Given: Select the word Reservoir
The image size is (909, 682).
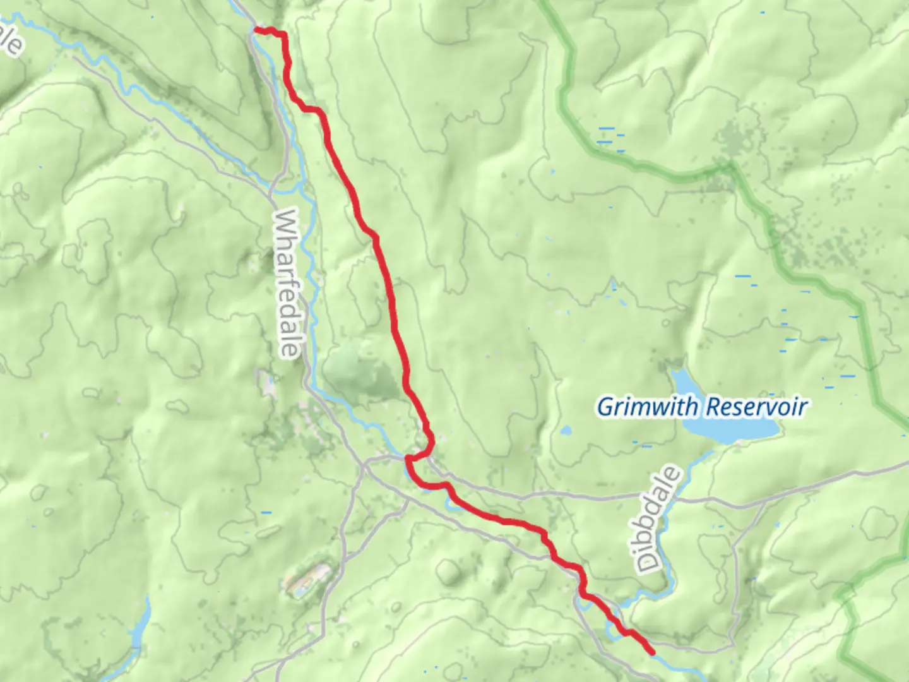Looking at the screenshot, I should [756, 407].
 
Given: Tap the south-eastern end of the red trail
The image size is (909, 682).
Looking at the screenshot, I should [651, 652].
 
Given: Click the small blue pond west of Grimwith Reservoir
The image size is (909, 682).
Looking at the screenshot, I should [565, 431].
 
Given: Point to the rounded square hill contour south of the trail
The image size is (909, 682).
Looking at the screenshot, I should [449, 571].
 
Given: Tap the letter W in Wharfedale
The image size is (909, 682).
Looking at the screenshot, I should [285, 222].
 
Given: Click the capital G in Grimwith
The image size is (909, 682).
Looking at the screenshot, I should [606, 407].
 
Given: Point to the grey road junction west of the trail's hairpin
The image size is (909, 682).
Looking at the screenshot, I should [364, 466].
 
